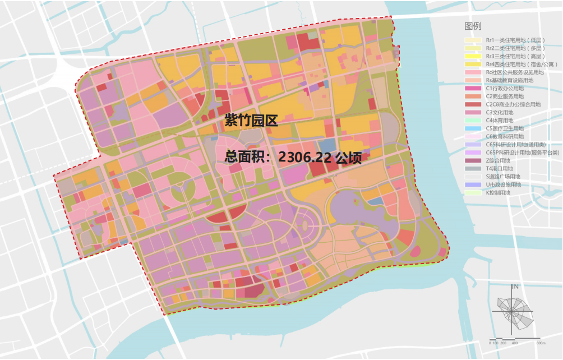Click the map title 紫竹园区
[x=251, y=120]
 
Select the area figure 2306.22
[x=303, y=157]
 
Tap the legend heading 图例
[x=472, y=26]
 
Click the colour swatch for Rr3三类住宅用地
[x=473, y=56]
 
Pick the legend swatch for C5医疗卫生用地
[x=473, y=128]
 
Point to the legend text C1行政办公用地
[x=505, y=89]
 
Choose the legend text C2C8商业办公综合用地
[x=513, y=104]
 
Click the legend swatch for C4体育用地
[x=473, y=121]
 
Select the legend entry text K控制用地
[x=499, y=192]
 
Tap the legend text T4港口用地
[x=499, y=168]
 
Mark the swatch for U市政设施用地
[x=473, y=184]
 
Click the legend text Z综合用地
[x=498, y=160]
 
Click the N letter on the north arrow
[x=516, y=287]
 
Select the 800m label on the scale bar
[x=541, y=343]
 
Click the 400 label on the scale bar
[x=514, y=343]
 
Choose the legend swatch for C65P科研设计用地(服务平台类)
[x=473, y=153]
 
